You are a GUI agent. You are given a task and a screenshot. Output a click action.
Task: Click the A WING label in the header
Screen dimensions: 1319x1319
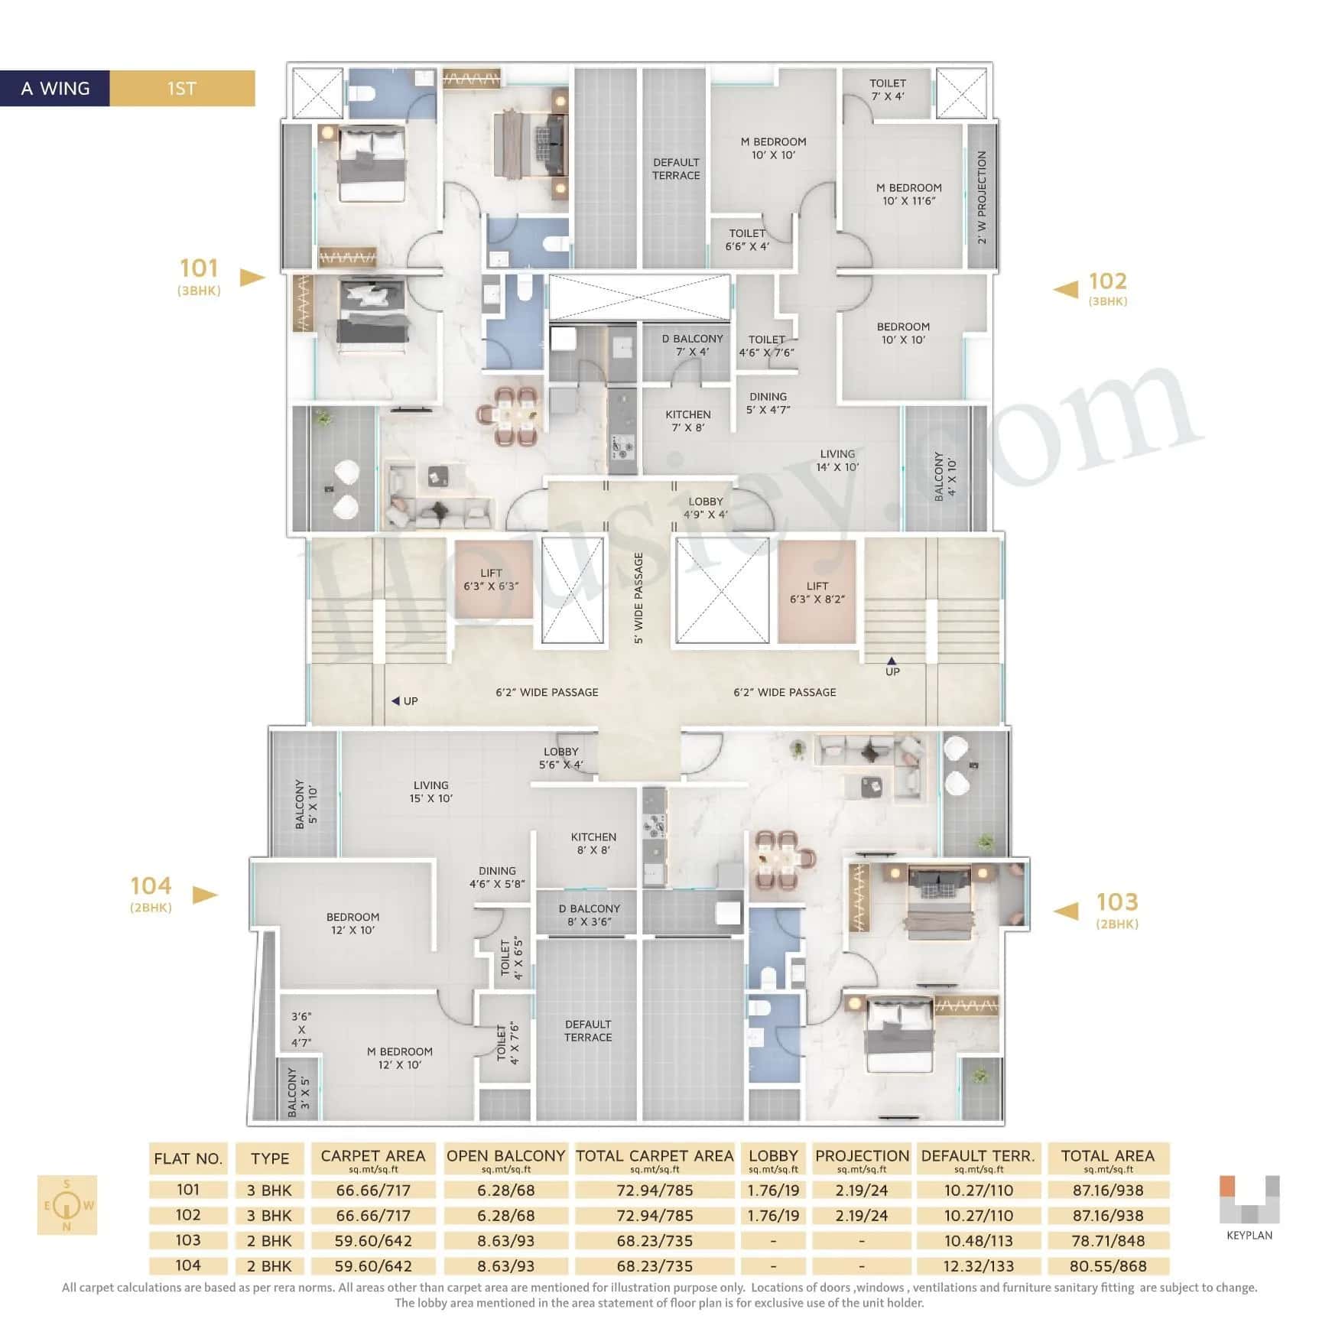(55, 89)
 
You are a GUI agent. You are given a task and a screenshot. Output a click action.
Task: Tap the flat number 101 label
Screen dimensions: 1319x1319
(199, 268)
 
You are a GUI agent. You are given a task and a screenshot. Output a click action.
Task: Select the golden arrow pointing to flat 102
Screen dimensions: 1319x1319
(1066, 289)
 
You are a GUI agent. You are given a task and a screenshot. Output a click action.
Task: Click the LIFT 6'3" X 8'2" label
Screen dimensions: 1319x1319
(817, 593)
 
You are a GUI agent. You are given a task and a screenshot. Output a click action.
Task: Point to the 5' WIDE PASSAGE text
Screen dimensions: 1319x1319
(638, 598)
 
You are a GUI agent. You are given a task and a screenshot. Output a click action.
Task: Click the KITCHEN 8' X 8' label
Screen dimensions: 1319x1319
(593, 843)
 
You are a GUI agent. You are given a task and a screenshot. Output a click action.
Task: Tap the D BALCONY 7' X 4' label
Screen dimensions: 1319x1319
(692, 345)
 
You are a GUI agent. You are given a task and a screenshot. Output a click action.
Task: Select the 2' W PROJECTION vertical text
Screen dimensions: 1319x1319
(982, 197)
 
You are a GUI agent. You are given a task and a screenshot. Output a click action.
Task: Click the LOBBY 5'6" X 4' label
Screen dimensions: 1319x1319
(560, 758)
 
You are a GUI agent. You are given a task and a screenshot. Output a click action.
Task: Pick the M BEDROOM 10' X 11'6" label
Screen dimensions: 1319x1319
(908, 194)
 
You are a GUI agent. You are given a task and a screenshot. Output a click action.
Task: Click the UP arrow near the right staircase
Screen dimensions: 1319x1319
(892, 662)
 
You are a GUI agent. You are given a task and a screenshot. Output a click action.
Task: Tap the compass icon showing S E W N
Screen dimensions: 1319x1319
(67, 1205)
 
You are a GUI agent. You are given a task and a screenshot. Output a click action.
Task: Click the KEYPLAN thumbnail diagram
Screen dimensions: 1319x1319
(1249, 1200)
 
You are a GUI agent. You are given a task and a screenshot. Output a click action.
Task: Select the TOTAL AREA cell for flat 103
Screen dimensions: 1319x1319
(1107, 1240)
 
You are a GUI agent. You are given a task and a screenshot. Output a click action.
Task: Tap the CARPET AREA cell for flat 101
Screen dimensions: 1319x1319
(372, 1191)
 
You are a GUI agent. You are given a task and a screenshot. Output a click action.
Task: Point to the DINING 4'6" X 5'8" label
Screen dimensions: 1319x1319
(497, 877)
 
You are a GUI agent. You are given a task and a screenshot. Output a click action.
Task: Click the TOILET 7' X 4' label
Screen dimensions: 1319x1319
(887, 89)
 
